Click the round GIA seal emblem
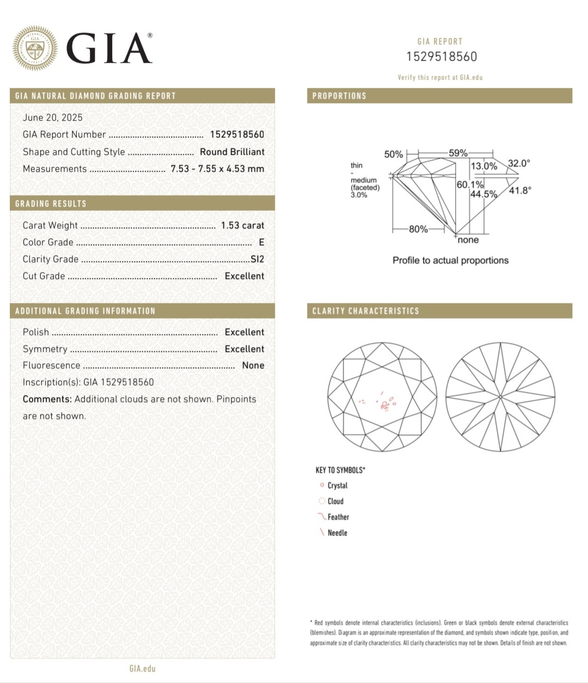35,48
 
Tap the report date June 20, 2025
53,118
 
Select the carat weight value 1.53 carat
242,225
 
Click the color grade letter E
261,242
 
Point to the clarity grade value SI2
257,259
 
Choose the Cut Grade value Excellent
244,276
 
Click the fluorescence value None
253,365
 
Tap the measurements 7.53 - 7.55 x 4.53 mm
217,169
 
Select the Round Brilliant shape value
232,152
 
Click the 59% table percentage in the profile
458,153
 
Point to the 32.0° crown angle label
519,163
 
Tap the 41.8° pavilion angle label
520,190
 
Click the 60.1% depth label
470,184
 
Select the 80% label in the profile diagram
418,229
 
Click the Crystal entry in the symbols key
337,485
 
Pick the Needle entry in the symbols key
337,533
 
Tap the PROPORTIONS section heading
339,96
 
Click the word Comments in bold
47,399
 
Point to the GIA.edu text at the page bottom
142,668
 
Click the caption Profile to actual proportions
450,260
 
